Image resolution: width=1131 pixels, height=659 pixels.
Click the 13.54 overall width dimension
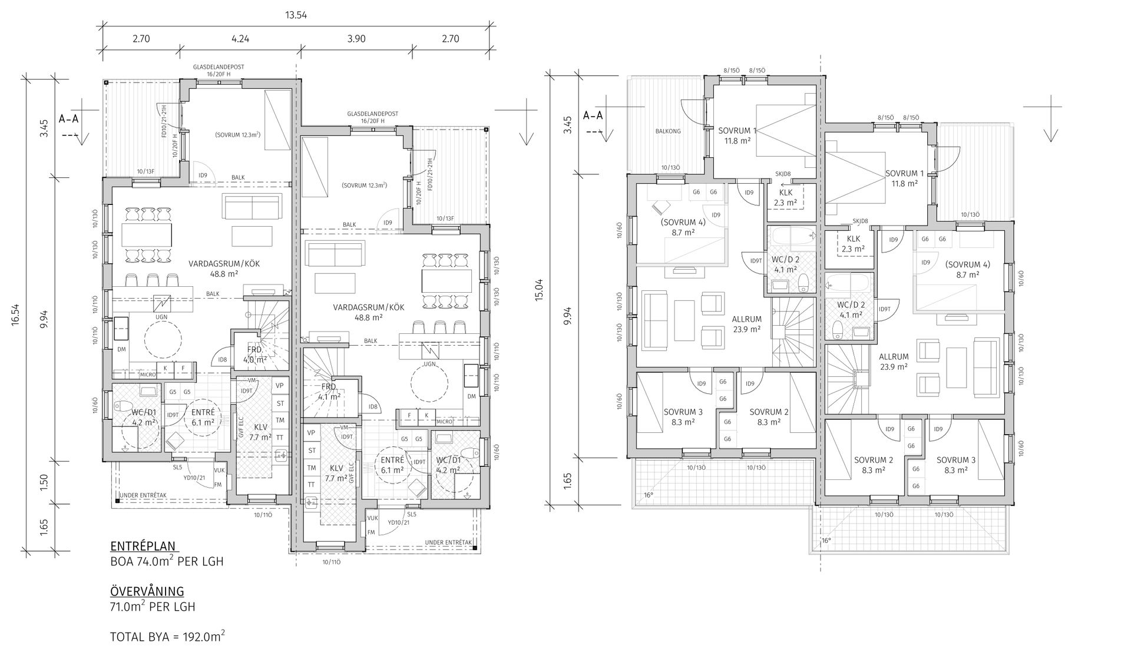point(297,15)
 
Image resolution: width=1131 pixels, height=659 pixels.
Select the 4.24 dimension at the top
point(240,39)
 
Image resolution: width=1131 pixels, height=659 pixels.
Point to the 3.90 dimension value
point(356,39)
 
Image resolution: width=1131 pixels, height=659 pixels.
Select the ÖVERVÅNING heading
point(147,591)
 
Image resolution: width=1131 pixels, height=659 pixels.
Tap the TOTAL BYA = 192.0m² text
point(168,637)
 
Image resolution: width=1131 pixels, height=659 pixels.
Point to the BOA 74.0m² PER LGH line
point(167,561)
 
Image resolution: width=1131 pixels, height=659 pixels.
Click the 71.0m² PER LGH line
point(153,607)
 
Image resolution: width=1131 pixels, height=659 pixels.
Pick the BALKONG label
point(667,131)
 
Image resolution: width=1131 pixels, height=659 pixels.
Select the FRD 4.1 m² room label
point(329,392)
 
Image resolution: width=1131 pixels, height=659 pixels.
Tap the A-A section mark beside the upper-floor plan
point(593,115)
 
